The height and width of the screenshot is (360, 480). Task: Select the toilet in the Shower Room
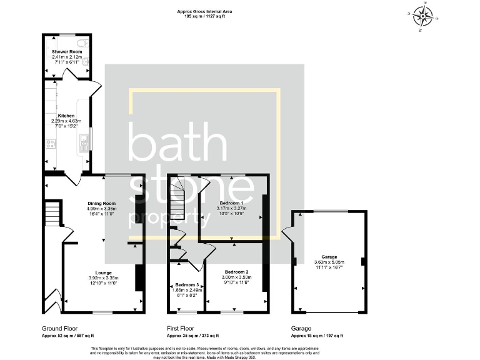[x=86, y=62]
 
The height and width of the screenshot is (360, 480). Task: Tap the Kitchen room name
[x=66, y=116]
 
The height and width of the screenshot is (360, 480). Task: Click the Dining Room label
[x=101, y=203]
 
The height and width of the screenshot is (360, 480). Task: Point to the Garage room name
[x=329, y=257]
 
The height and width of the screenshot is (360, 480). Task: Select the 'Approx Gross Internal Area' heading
[x=203, y=11]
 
